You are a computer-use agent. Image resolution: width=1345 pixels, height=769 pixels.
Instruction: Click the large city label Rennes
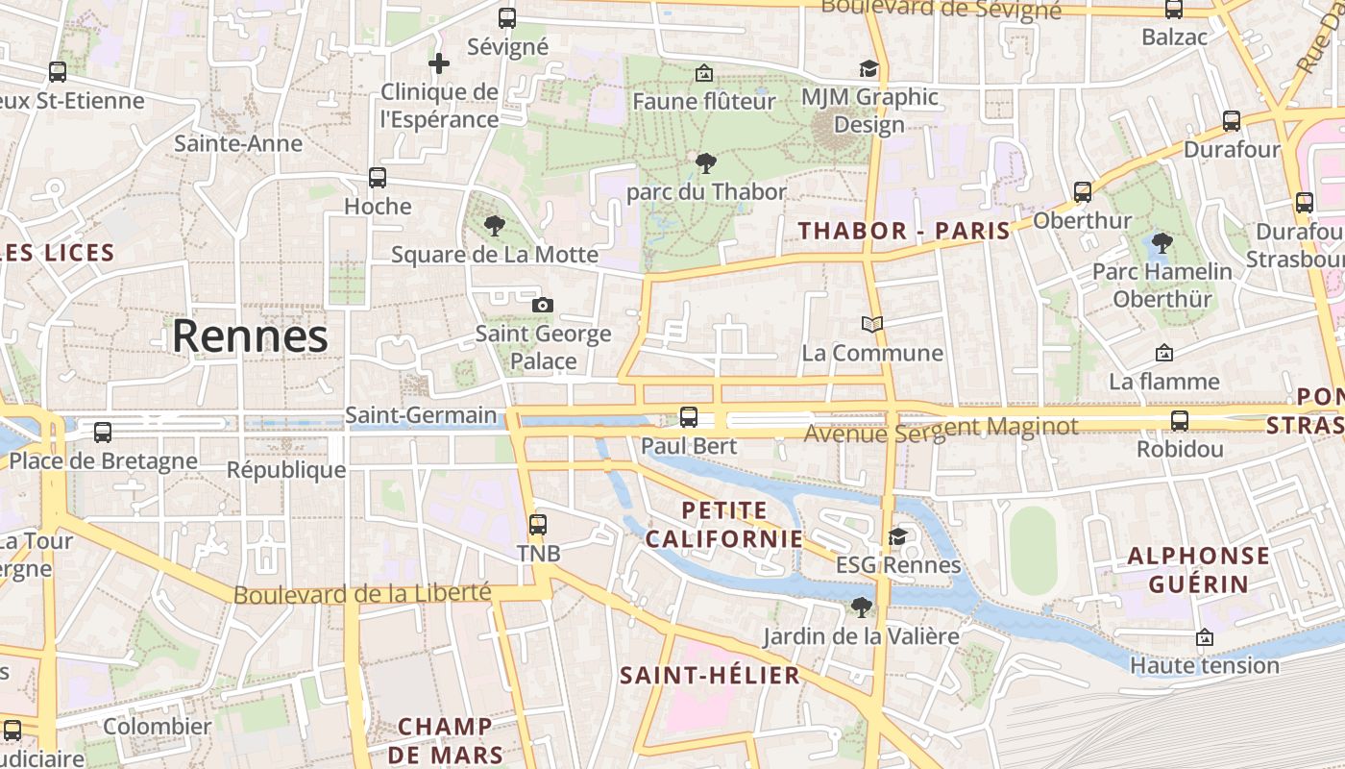pos(250,336)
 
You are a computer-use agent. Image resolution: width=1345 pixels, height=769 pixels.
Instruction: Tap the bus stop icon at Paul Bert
pos(688,416)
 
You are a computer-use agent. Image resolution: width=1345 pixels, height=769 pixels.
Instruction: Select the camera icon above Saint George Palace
pos(543,305)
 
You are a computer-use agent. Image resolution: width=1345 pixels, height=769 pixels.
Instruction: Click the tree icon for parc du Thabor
pos(705,162)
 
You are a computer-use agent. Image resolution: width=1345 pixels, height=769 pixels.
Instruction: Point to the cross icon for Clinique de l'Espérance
pos(439,64)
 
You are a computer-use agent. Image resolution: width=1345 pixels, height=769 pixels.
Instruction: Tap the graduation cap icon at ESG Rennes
pos(897,536)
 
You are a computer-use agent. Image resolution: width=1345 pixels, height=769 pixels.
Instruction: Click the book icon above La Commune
pos(871,325)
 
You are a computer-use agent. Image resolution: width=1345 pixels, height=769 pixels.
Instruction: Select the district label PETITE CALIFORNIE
pos(723,524)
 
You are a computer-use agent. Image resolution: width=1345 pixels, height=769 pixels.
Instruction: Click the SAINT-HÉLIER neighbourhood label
pos(710,675)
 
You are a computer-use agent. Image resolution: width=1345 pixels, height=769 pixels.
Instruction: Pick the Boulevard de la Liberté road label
pos(362,594)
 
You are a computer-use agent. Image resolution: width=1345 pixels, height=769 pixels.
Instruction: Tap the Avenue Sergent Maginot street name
pos(941,430)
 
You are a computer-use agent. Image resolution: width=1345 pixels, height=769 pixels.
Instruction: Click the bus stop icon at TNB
pos(538,525)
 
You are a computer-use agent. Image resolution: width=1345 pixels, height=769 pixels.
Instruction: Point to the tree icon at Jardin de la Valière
pos(861,607)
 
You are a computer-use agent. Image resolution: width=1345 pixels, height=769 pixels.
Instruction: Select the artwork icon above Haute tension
pos(1204,637)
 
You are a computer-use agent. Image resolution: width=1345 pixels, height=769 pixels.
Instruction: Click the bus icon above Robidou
pos(1179,420)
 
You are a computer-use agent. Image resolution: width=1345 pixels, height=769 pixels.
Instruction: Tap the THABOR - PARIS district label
pos(904,231)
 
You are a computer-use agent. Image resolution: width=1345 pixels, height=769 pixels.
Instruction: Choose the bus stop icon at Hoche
pos(378,178)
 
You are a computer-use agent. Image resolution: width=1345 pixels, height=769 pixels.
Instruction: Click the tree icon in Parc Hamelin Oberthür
pos(1162,242)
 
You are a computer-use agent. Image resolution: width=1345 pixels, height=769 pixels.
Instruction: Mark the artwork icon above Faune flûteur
pos(703,73)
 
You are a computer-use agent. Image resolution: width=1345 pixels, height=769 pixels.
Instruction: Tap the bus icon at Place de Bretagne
pos(103,433)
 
